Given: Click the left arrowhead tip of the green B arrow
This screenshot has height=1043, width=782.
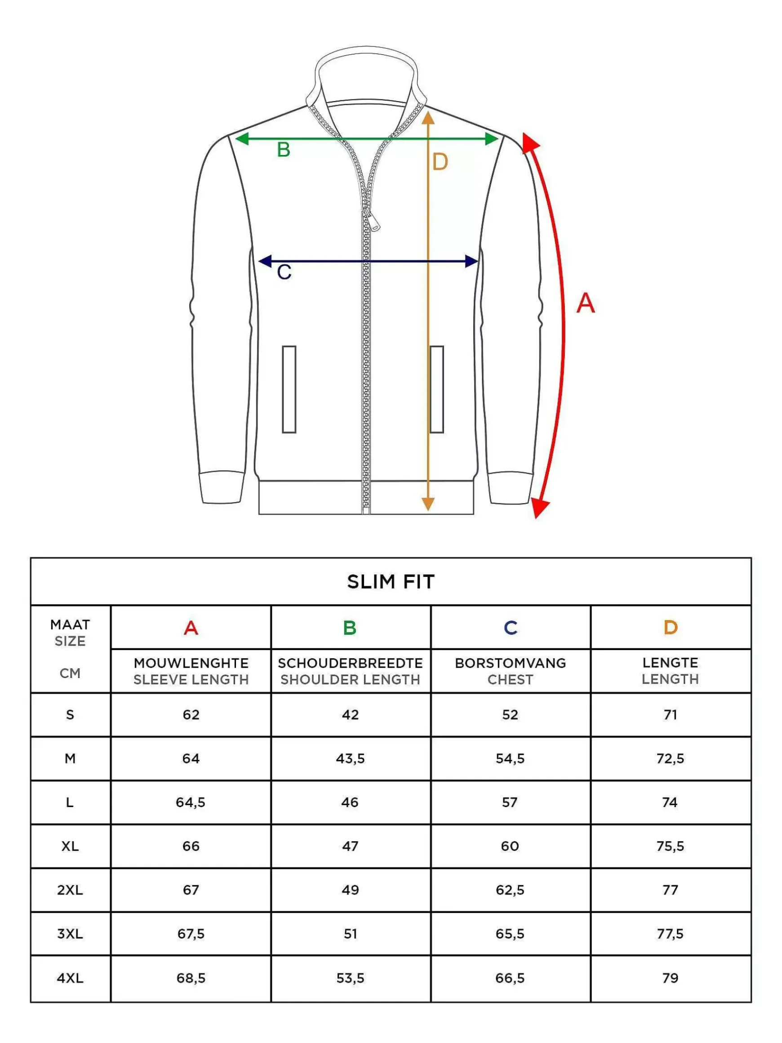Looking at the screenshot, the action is (x=235, y=138).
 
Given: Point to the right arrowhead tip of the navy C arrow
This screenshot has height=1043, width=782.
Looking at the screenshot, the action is (x=479, y=261).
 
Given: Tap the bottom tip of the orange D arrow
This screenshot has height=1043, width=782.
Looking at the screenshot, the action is (x=427, y=511).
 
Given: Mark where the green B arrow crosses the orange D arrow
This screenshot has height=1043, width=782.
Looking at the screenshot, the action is (x=427, y=138).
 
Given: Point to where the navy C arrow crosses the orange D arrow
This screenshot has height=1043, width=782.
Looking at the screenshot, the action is (x=427, y=261).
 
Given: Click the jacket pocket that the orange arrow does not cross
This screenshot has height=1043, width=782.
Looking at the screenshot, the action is (x=289, y=389).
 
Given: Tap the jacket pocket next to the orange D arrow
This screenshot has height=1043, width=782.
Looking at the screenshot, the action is (x=437, y=389).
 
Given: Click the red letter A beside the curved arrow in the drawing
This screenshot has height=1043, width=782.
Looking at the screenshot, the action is (x=586, y=303).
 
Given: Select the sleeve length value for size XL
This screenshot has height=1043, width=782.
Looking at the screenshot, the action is (x=191, y=847).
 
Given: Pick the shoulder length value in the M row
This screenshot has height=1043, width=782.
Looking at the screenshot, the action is (x=350, y=759).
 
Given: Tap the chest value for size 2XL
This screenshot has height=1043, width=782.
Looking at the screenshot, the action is (x=510, y=890).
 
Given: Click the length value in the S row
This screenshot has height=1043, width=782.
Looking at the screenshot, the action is (x=670, y=715).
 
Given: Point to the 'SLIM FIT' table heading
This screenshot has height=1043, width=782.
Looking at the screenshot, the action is (x=391, y=582).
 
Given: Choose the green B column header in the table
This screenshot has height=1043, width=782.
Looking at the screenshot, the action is (x=350, y=628).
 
